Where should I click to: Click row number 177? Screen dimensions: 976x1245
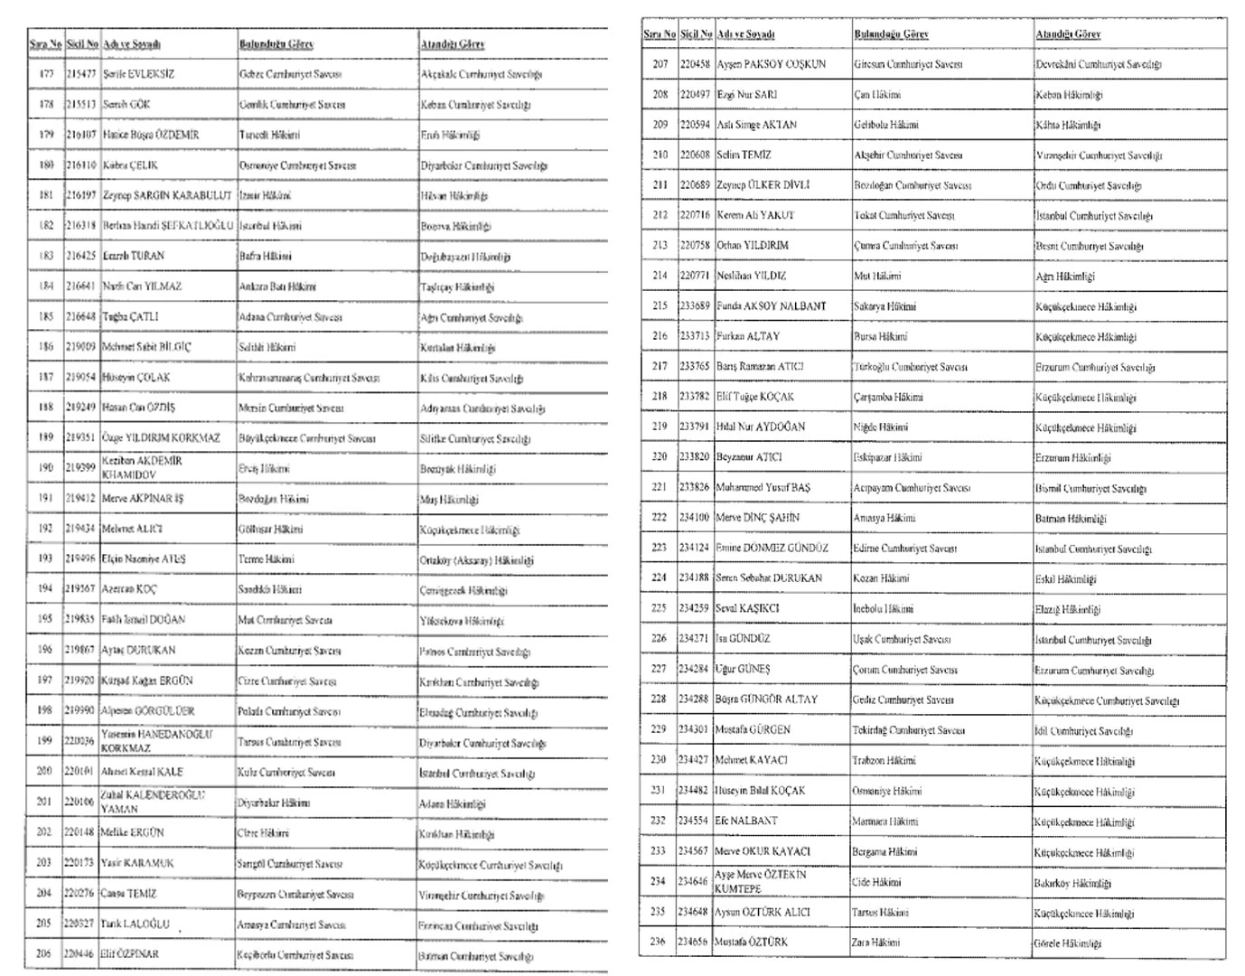tap(46, 74)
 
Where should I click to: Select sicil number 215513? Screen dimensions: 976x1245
tap(81, 105)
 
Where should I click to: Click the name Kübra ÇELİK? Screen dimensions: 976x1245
tap(130, 165)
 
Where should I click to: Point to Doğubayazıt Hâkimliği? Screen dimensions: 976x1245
tap(464, 257)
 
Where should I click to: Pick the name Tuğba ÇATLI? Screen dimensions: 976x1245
tap(130, 317)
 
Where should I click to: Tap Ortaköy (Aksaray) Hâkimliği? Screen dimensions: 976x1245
tap(476, 560)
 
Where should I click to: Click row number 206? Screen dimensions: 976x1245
tap(44, 954)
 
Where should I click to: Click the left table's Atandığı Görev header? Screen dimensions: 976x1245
tap(452, 43)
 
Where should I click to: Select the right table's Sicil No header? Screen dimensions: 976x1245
tap(696, 34)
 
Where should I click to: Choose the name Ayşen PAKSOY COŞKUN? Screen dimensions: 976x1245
tap(771, 64)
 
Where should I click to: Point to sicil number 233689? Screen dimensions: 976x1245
tap(695, 306)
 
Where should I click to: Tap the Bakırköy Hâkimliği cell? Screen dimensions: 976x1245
tap(1072, 883)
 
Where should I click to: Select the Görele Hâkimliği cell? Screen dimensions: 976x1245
tap(1068, 943)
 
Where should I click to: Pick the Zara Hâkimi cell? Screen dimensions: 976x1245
tap(876, 942)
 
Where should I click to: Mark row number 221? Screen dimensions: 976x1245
tap(660, 488)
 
